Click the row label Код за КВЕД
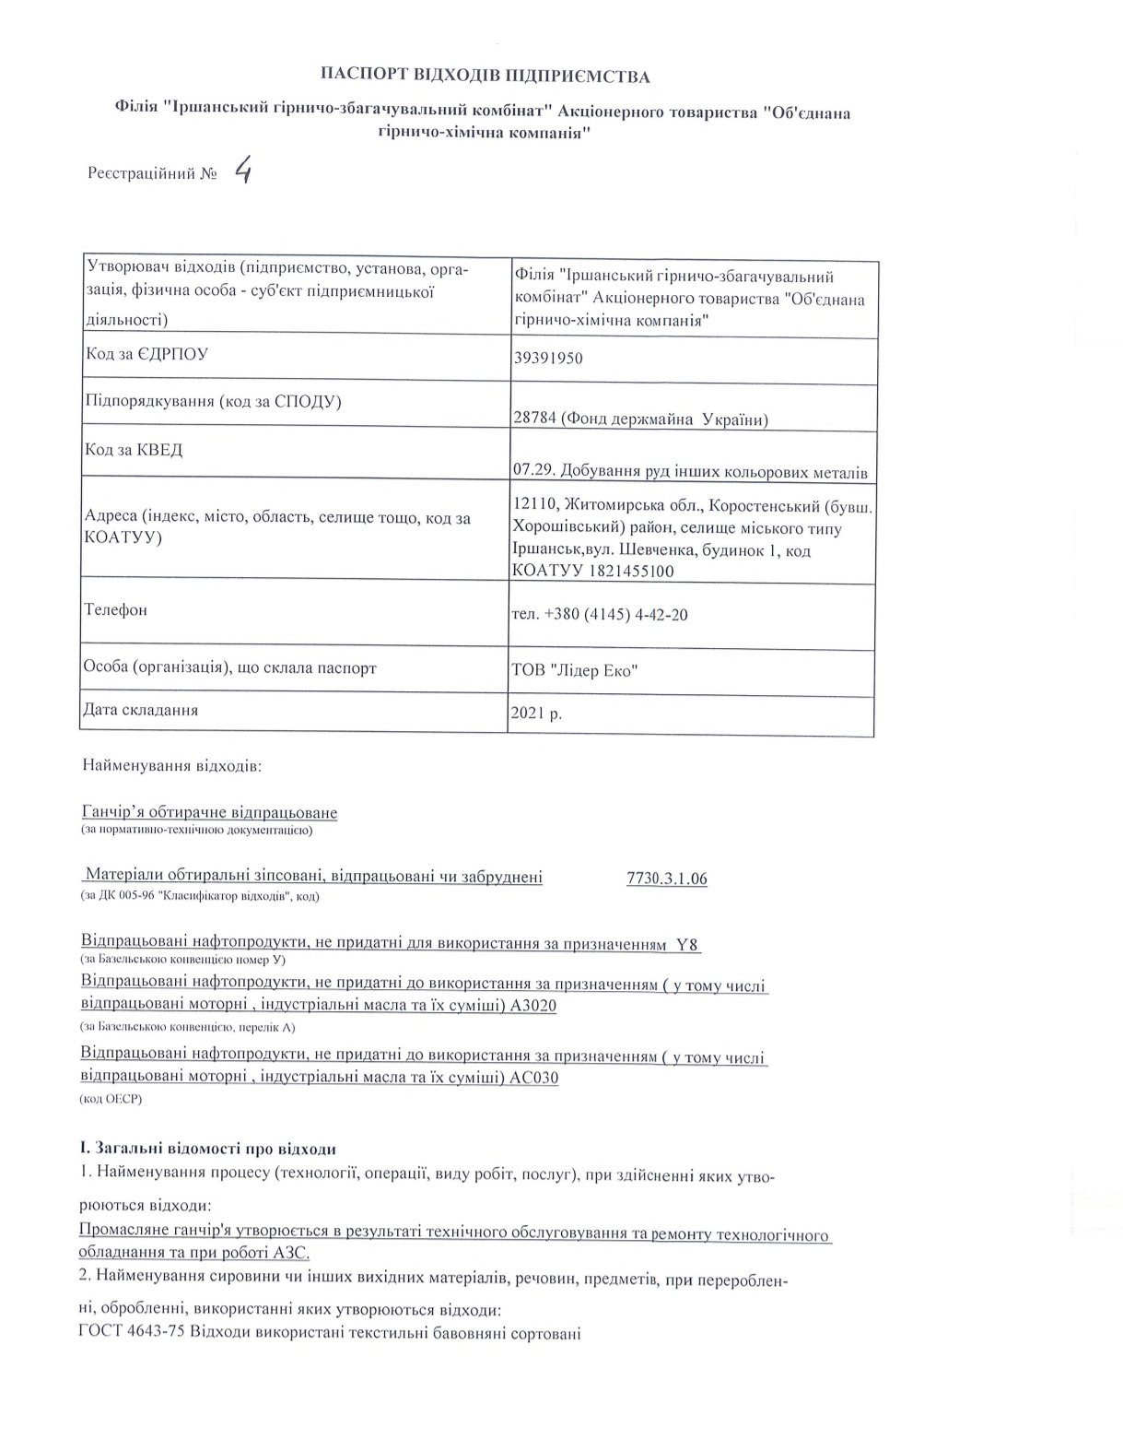(x=134, y=450)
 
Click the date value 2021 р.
(x=536, y=714)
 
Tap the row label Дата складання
(x=141, y=711)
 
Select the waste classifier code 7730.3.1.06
(x=666, y=878)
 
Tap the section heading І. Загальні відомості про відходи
(x=208, y=1150)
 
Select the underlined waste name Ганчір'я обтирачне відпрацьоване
(x=210, y=812)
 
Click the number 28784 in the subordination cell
(x=532, y=419)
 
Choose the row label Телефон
(x=115, y=610)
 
